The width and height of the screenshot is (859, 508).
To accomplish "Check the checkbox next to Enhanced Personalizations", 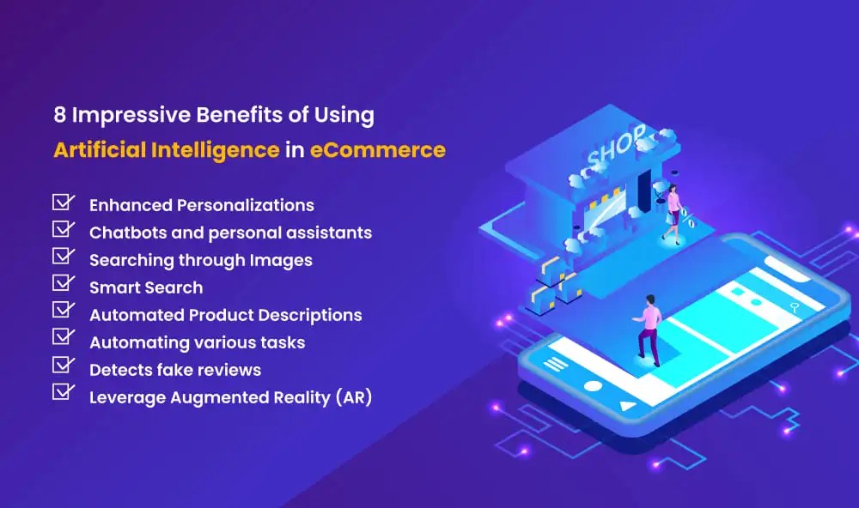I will pyautogui.click(x=63, y=203).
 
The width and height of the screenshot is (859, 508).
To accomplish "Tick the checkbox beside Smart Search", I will pyautogui.click(x=63, y=284).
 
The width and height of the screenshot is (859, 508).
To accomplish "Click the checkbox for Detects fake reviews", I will pyautogui.click(x=63, y=366).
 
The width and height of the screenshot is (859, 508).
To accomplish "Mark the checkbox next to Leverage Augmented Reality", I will pyautogui.click(x=63, y=393).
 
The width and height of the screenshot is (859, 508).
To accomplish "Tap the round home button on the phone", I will pyautogui.click(x=593, y=385).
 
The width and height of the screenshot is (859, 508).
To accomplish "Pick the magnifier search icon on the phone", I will pyautogui.click(x=796, y=305).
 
